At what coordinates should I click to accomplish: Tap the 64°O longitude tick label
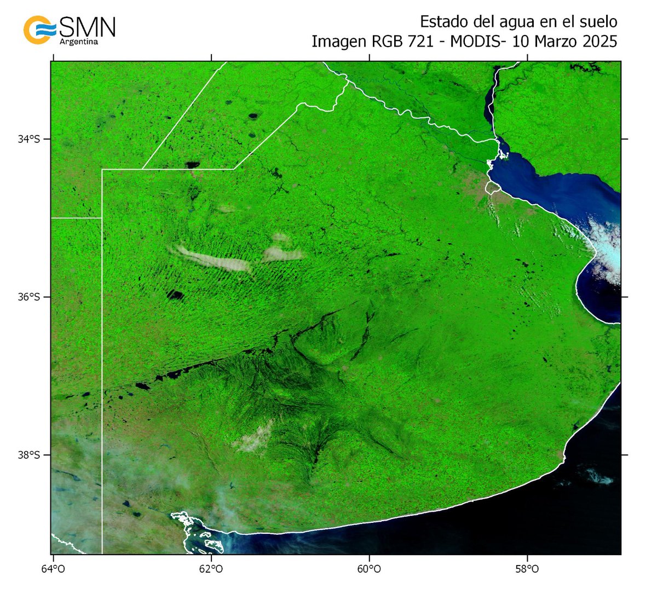coord(53,569)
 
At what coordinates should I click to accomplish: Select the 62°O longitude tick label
coord(211,569)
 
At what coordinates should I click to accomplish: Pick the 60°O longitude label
coord(369,569)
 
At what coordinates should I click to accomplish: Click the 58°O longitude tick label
coord(527,569)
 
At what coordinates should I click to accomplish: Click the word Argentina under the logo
coord(78,42)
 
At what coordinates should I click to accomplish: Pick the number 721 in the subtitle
coord(426,42)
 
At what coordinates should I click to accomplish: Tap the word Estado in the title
coord(441,22)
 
